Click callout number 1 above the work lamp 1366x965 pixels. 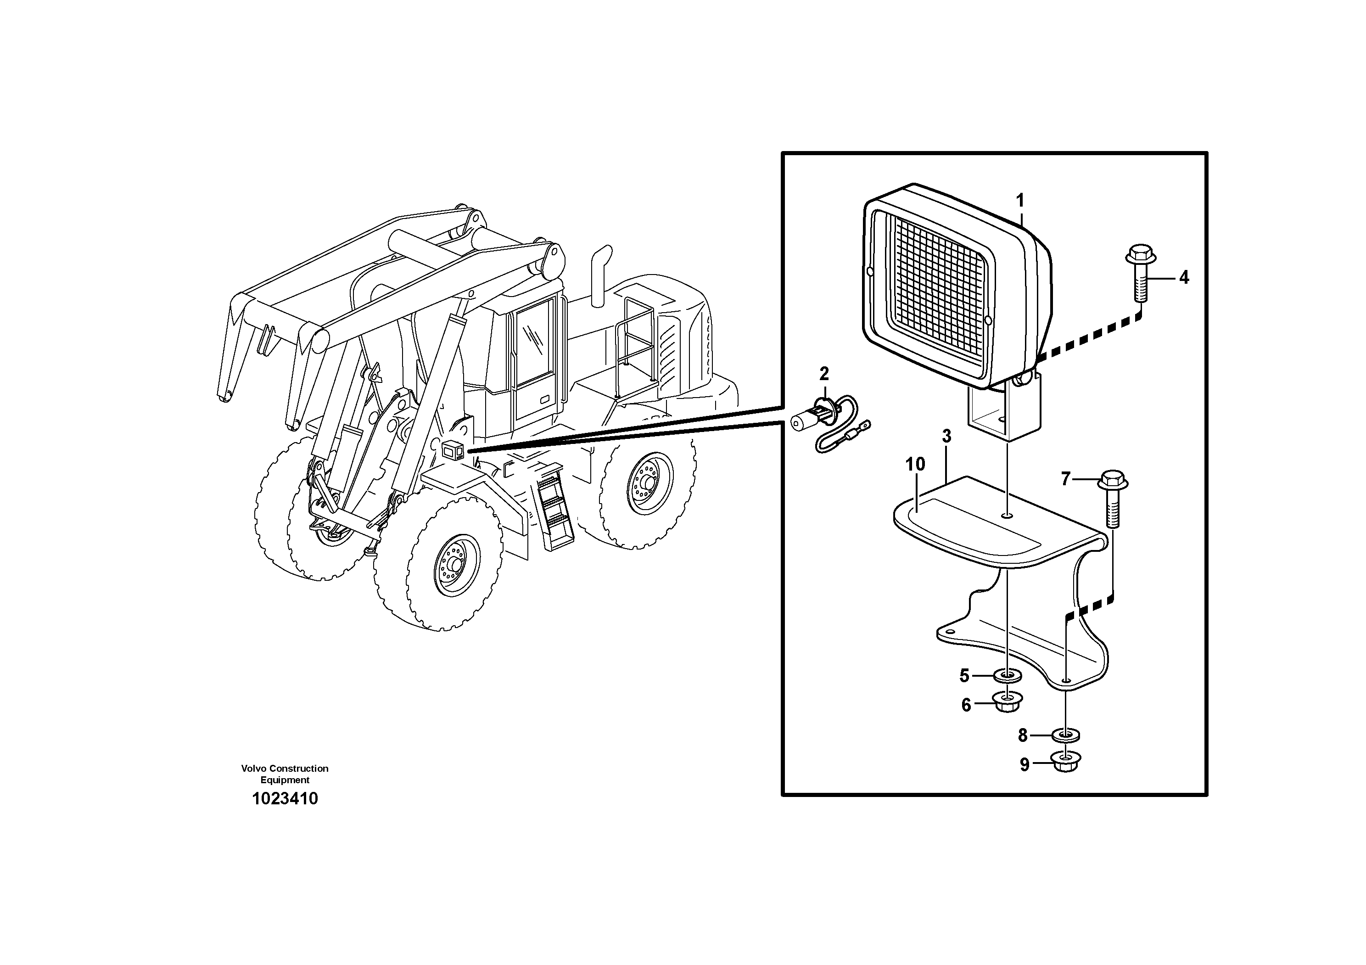1020,201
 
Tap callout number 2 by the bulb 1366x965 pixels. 824,374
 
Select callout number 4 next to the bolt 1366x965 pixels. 1184,277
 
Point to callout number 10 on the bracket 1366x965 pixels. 915,464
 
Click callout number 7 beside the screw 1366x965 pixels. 1065,478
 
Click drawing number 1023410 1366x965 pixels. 285,798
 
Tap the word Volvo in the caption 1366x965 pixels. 252,768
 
